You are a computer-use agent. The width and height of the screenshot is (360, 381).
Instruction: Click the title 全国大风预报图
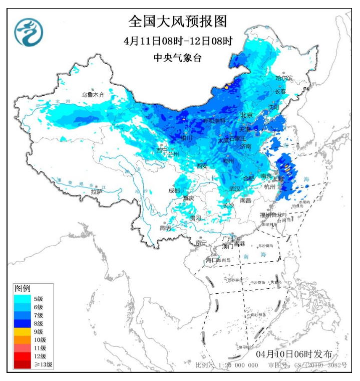[x=178, y=22]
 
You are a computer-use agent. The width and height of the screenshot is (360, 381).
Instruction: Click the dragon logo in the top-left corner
[x=29, y=32]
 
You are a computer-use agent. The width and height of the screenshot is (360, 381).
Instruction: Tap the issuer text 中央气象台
[x=177, y=58]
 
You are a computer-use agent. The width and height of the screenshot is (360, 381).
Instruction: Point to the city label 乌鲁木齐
[x=93, y=94]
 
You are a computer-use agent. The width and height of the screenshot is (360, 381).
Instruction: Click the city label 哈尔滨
[x=284, y=78]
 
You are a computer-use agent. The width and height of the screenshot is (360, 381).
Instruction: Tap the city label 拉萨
[x=97, y=192]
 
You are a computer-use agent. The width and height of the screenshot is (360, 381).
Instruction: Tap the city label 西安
[x=202, y=165]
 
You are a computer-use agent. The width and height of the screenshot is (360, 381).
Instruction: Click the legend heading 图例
[x=23, y=288]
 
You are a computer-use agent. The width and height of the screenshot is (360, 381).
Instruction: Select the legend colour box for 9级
[x=22, y=331]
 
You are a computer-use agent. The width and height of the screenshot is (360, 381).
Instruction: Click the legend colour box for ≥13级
[x=22, y=364]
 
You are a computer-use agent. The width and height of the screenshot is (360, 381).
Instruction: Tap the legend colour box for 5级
[x=22, y=299]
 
